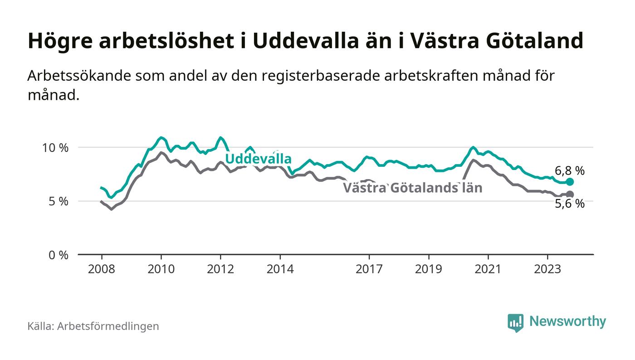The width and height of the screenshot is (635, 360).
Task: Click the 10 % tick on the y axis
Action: [56, 148]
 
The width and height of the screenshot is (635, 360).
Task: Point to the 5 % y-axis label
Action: [58, 201]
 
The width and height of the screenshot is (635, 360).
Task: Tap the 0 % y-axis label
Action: [58, 255]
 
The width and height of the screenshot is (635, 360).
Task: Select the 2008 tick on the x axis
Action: [101, 269]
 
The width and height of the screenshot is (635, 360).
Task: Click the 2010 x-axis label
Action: [161, 269]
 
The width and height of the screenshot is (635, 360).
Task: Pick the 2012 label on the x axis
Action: [220, 269]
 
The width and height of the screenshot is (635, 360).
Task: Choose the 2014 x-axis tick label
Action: [280, 269]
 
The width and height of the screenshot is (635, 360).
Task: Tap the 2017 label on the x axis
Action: [369, 269]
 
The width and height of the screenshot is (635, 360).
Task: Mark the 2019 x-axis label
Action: [429, 269]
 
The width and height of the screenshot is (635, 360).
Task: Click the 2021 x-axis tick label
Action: [488, 269]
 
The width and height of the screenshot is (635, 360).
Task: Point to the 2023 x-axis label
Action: [547, 269]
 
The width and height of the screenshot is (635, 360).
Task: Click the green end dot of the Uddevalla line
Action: [570, 182]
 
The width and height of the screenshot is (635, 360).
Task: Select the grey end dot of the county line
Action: [570, 195]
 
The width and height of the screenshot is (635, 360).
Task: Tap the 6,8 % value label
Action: [570, 171]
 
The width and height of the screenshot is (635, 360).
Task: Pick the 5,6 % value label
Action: [570, 204]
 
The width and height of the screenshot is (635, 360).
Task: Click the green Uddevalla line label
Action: [258, 159]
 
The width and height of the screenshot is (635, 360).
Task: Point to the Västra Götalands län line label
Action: [412, 188]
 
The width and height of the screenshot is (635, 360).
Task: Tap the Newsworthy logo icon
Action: [515, 322]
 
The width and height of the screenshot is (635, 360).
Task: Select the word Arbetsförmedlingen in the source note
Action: [108, 326]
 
